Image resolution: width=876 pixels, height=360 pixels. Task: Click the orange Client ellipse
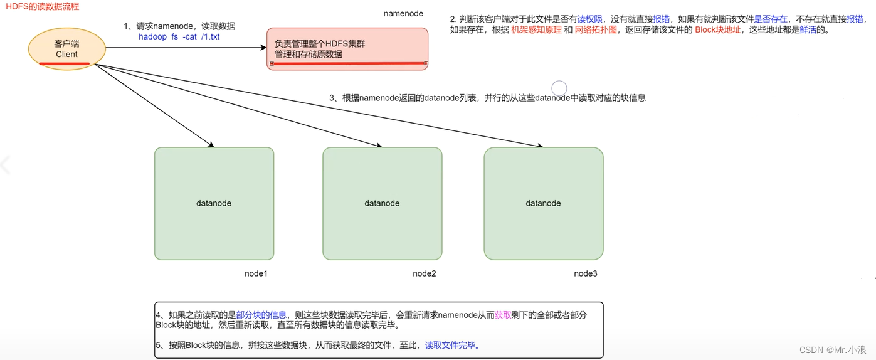tap(66, 48)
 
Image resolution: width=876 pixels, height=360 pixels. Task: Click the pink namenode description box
tap(347, 49)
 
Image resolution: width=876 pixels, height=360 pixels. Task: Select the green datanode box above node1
tap(214, 203)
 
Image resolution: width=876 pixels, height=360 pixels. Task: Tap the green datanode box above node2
tap(382, 203)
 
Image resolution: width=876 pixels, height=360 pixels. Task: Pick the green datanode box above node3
tap(543, 203)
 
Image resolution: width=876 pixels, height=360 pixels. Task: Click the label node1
tap(256, 274)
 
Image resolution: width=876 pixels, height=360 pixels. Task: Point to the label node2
tap(424, 274)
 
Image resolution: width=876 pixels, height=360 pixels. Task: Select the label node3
tap(586, 274)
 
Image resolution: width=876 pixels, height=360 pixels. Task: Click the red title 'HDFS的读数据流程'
tap(43, 6)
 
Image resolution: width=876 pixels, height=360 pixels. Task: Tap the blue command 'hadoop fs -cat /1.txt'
tap(179, 37)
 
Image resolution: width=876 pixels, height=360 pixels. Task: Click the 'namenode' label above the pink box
tap(403, 13)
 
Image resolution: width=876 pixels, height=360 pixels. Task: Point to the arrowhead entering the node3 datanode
tap(539, 146)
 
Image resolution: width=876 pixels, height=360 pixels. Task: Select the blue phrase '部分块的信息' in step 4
tap(261, 315)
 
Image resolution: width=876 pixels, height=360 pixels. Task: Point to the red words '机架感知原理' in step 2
tap(536, 29)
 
